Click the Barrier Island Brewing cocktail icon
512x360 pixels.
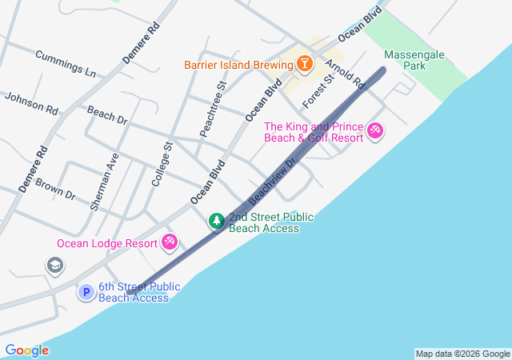pyautogui.click(x=304, y=62)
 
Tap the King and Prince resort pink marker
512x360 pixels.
pyautogui.click(x=374, y=130)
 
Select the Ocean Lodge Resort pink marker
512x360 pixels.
pyautogui.click(x=169, y=241)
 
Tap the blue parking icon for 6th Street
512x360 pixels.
pyautogui.click(x=86, y=293)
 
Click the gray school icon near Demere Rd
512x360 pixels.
pyautogui.click(x=55, y=266)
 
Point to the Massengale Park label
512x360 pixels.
pyautogui.click(x=414, y=60)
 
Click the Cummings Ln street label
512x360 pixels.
pyautogui.click(x=65, y=64)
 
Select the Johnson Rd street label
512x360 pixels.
pyautogui.click(x=31, y=103)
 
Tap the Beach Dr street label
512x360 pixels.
pyautogui.click(x=107, y=115)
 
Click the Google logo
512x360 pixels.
pyautogui.click(x=26, y=350)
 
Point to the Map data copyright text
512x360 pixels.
pyautogui.click(x=462, y=354)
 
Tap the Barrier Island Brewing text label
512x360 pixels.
pyautogui.click(x=238, y=63)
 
